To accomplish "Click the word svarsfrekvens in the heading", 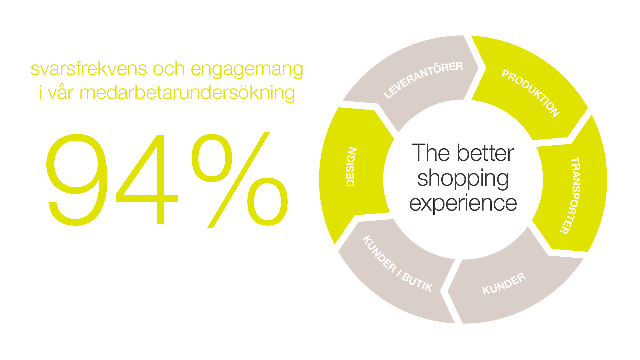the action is [x=89, y=69].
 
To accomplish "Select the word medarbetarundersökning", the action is [x=187, y=93].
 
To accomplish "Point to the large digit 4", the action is [x=147, y=179].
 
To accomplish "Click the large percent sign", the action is [x=240, y=180].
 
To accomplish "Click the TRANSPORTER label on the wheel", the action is [x=570, y=195].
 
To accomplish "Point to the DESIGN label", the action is [x=351, y=167].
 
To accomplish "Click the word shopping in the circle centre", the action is [x=463, y=179].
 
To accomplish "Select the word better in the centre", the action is [x=485, y=153].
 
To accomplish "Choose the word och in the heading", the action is [x=169, y=69].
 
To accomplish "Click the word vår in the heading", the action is [x=61, y=93].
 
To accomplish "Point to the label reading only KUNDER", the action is [x=504, y=284].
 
